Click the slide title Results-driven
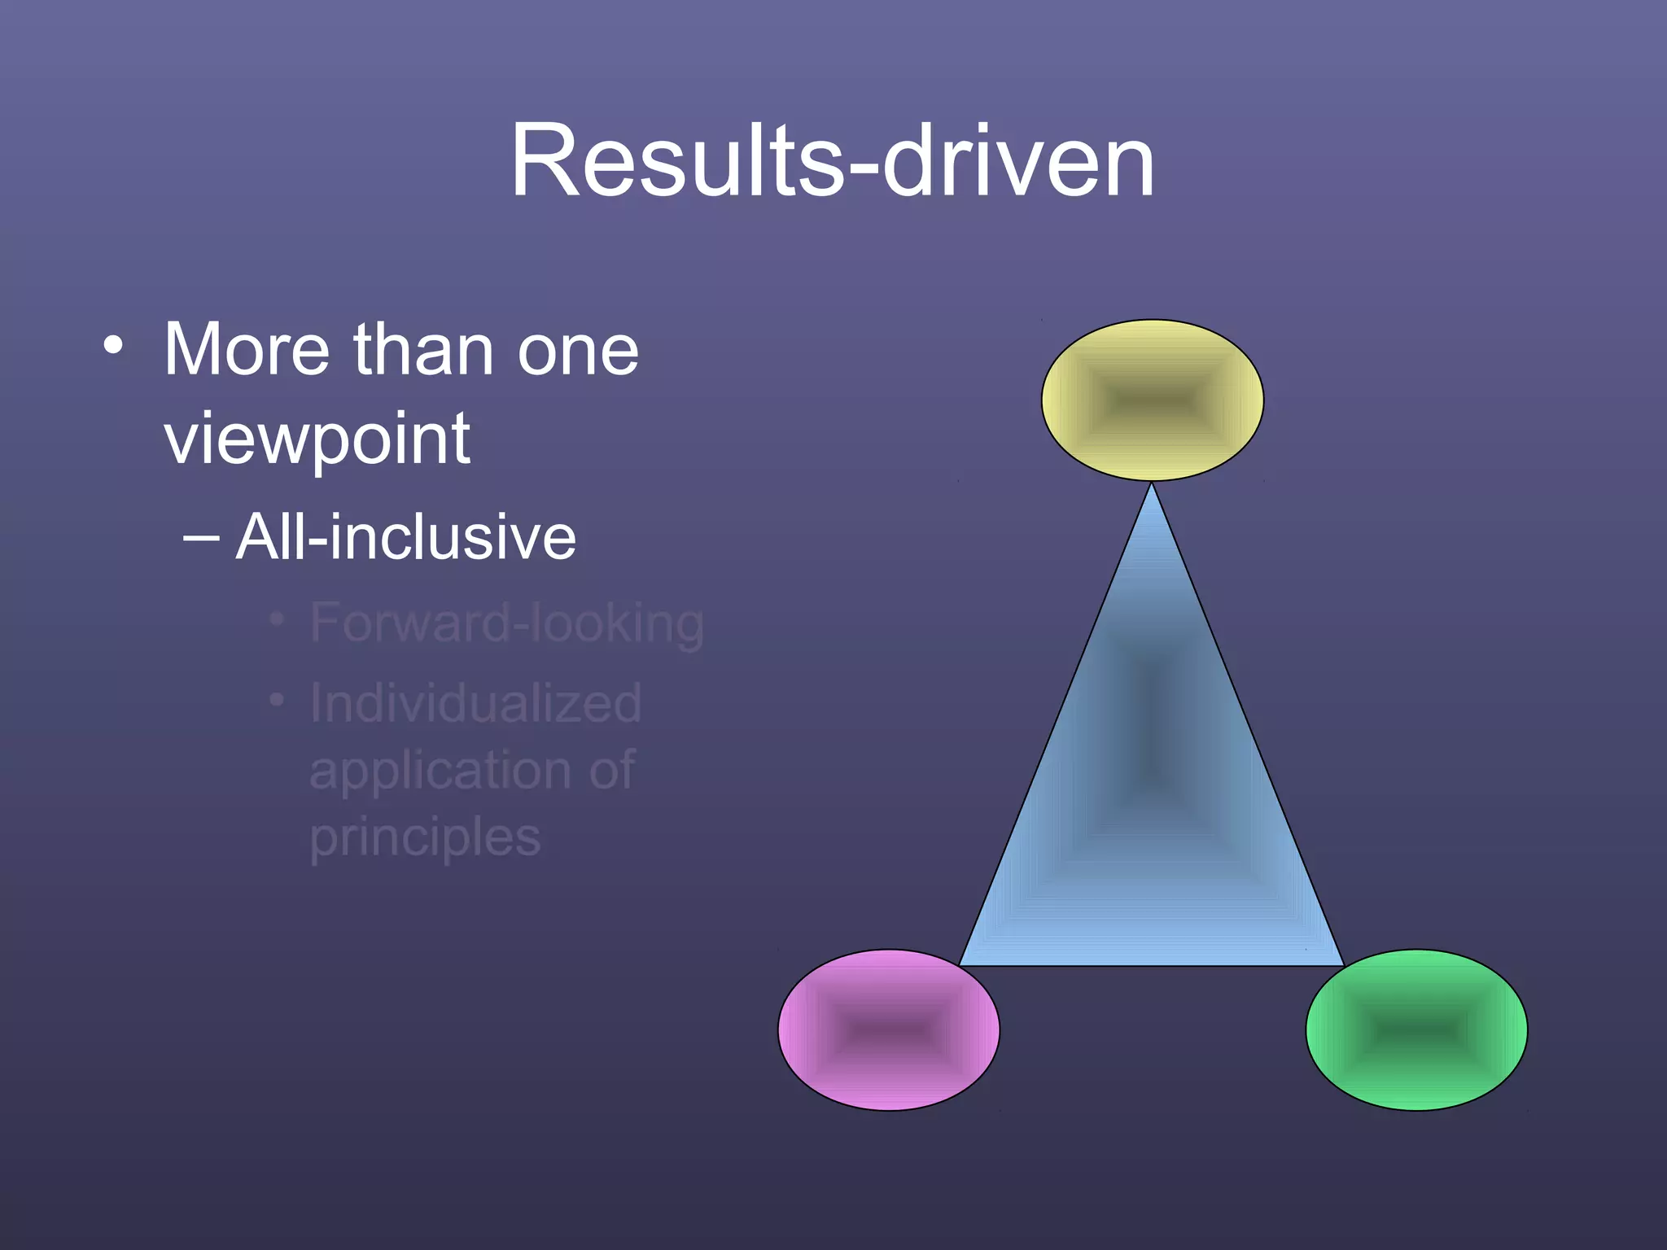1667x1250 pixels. tap(832, 160)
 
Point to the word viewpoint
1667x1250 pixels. tap(317, 440)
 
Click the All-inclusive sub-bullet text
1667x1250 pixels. tap(405, 537)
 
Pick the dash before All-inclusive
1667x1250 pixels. tap(201, 538)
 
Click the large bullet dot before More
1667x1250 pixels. tap(113, 346)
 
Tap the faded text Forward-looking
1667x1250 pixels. tap(506, 623)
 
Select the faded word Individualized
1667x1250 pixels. tap(475, 703)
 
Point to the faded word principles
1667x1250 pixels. tap(425, 838)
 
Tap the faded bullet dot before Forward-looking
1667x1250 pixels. tap(277, 620)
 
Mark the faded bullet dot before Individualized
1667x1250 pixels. tap(277, 700)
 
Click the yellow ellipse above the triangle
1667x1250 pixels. tap(1152, 400)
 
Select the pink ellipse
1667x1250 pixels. tap(889, 1029)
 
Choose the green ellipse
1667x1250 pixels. tap(1416, 1029)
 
